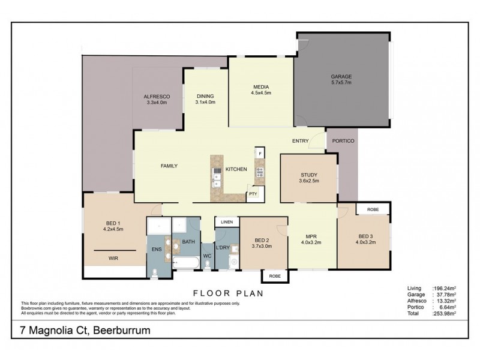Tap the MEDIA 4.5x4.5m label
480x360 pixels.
(x=261, y=90)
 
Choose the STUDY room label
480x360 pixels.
(x=309, y=177)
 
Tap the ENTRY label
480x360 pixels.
(x=300, y=141)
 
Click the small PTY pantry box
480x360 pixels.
(x=253, y=194)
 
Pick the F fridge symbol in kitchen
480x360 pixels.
(x=260, y=154)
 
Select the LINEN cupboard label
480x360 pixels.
(x=226, y=223)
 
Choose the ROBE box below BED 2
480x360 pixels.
(x=274, y=276)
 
